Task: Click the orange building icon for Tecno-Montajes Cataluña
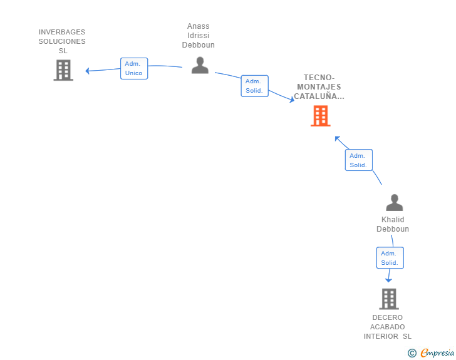[x=321, y=116]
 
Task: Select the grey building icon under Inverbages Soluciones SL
[x=63, y=70]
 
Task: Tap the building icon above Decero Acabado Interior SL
[x=389, y=299]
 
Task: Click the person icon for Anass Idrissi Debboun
[x=200, y=66]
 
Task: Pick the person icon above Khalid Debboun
[x=395, y=202]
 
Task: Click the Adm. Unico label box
[x=134, y=68]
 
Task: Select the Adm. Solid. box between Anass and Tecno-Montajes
[x=255, y=86]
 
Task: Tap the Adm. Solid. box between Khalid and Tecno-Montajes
[x=359, y=160]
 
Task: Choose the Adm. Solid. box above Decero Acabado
[x=390, y=258]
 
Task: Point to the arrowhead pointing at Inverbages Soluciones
[x=87, y=71]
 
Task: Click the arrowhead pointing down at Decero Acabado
[x=388, y=280]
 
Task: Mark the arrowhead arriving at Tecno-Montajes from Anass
[x=292, y=100]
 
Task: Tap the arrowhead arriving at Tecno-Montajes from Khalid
[x=338, y=139]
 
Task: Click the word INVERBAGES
[x=62, y=32]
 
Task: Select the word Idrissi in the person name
[x=199, y=36]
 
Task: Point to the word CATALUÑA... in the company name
[x=319, y=96]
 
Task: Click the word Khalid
[x=393, y=220]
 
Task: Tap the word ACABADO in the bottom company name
[x=387, y=327]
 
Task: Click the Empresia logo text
[x=437, y=352]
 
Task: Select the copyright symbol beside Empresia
[x=412, y=353]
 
